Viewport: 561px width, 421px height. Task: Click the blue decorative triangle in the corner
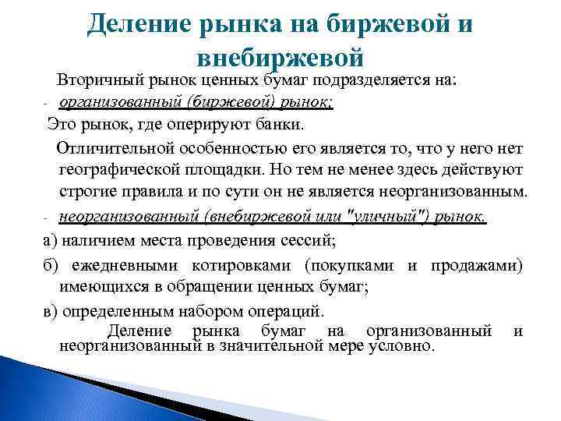[47, 390]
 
